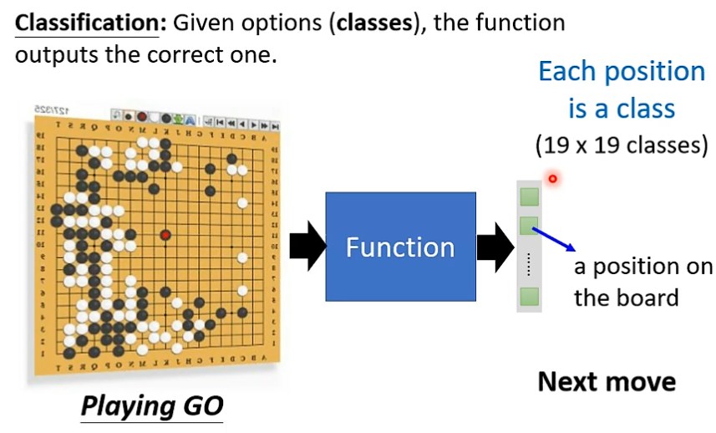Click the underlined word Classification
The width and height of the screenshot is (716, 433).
[87, 23]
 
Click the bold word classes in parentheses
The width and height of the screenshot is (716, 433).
[373, 23]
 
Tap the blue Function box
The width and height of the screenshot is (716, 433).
[400, 247]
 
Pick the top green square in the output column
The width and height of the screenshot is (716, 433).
[529, 197]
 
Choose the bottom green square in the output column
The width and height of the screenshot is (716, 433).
[529, 295]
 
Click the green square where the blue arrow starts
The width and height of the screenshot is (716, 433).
[529, 225]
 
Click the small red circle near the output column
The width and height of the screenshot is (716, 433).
[552, 179]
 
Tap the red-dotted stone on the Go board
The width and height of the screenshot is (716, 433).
[165, 236]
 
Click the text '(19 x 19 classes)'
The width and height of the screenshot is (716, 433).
[622, 145]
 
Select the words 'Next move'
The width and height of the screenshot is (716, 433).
[607, 382]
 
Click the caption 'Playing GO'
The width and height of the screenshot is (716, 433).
[152, 406]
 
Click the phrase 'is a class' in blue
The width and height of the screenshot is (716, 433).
[622, 108]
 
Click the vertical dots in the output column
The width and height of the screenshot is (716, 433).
[529, 262]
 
